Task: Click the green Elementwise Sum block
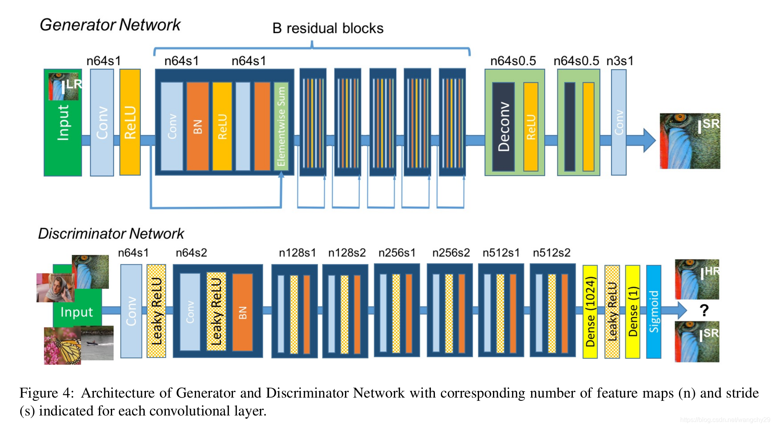(281, 126)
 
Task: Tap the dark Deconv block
(503, 127)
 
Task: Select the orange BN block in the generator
(198, 126)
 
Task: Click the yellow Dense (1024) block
(590, 312)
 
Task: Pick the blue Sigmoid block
(654, 312)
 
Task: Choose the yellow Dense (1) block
(632, 312)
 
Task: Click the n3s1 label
(620, 61)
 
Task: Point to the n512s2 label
(551, 252)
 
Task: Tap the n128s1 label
(297, 252)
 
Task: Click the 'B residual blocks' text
(328, 28)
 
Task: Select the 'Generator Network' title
(110, 25)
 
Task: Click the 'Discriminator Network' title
(111, 233)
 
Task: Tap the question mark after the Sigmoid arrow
(704, 310)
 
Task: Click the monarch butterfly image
(62, 346)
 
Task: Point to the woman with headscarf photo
(55, 287)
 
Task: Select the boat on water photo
(97, 343)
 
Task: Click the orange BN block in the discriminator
(242, 312)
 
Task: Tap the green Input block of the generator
(63, 122)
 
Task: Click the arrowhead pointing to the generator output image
(649, 140)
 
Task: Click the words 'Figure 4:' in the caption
(47, 393)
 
